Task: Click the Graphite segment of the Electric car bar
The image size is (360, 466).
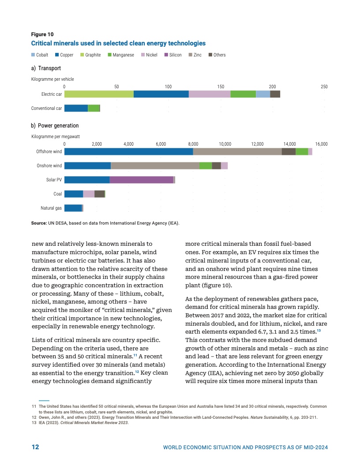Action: (99, 94)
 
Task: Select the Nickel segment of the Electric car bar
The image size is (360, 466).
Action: (210, 94)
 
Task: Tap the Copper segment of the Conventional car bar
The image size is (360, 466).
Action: (76, 108)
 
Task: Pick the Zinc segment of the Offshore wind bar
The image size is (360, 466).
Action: (237, 151)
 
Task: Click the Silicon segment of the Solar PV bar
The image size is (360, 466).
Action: (142, 180)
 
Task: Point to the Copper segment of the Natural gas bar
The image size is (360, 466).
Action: (73, 208)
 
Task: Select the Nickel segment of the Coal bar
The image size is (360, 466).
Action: (89, 194)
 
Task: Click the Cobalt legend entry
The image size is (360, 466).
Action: (40, 55)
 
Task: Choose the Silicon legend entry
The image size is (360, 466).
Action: (172, 55)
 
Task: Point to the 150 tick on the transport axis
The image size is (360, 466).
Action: (221, 86)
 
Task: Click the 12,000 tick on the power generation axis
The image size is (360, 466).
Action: (257, 144)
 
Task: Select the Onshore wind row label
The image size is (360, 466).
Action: (49, 165)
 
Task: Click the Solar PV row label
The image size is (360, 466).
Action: (54, 180)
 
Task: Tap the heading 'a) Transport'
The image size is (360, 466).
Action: (46, 68)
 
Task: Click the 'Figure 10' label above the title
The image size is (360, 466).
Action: (42, 34)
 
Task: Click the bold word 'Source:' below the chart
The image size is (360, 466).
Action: (39, 223)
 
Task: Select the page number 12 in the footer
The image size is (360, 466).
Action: (35, 447)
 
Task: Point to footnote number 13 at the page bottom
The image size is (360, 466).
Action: (34, 422)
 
